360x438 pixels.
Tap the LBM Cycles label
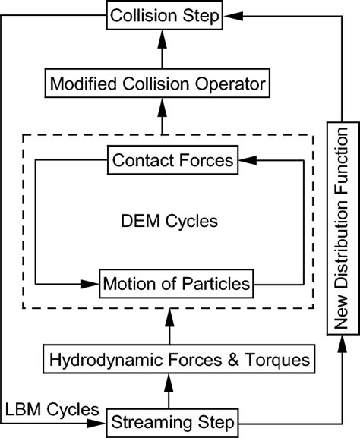(50, 409)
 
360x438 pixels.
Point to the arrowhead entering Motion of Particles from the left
(92, 285)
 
